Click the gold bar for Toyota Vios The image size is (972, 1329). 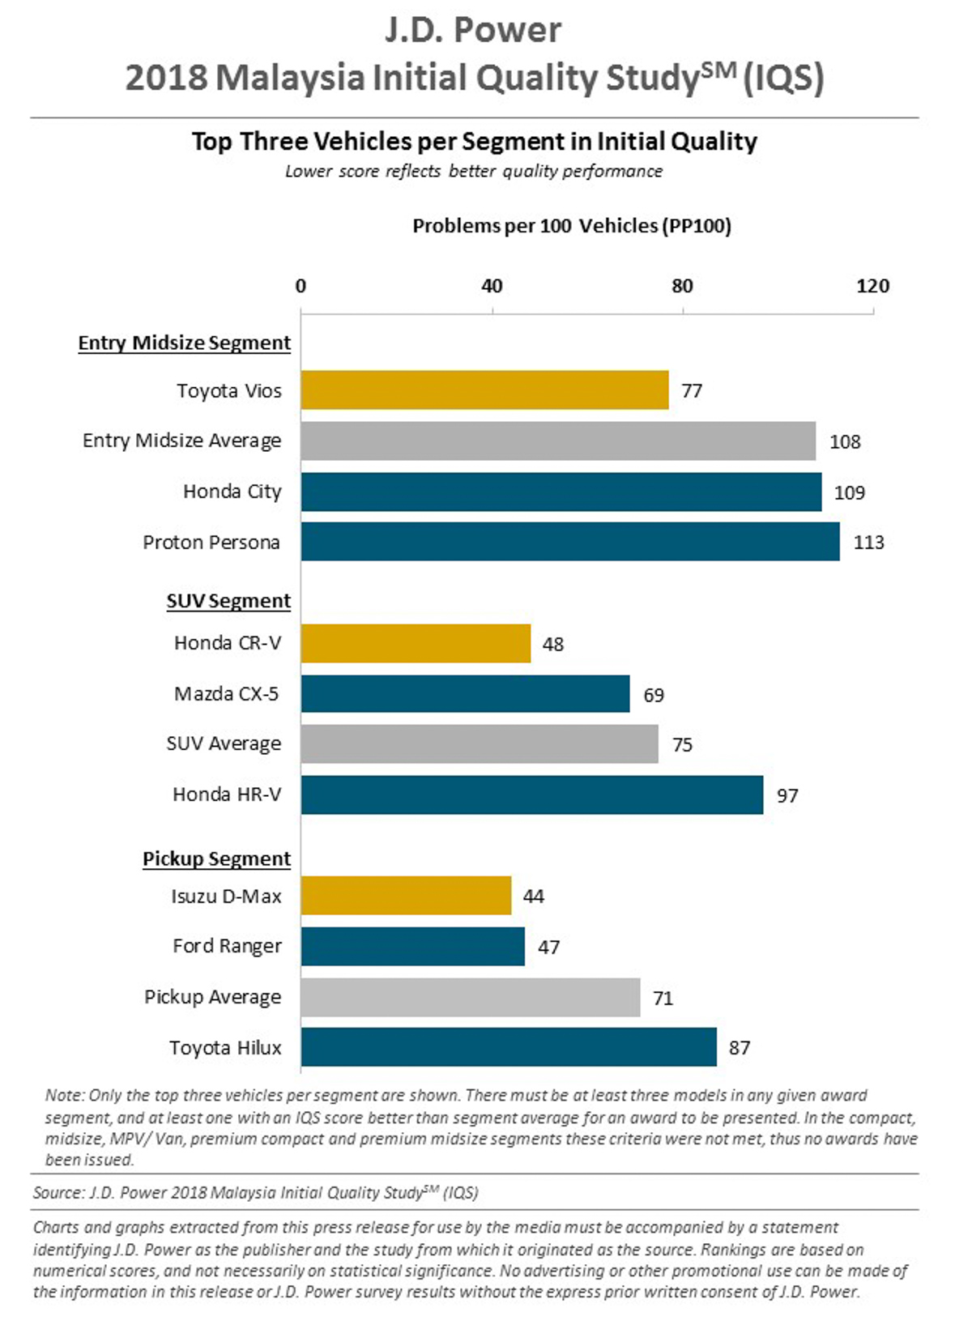484,390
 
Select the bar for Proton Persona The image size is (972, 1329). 570,542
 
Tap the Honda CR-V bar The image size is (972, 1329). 416,644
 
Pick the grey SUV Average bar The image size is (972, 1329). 480,744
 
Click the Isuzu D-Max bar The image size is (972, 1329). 406,896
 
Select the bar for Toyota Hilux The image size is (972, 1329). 509,1047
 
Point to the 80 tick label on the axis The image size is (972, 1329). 682,286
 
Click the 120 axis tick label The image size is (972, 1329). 872,286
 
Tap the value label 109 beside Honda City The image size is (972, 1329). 849,492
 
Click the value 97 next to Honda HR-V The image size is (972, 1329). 787,795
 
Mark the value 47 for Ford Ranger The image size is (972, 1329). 548,947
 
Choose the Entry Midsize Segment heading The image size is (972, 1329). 184,343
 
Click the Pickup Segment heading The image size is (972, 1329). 216,858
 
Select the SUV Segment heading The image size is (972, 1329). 228,601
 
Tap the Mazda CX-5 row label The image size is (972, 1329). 226,694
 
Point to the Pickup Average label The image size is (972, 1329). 212,997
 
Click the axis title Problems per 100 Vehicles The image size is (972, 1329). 571,226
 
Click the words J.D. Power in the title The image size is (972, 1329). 473,31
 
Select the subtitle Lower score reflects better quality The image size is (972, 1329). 474,172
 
